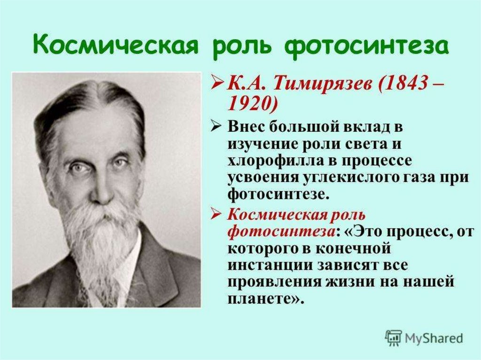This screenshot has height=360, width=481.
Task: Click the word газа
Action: click(x=411, y=179)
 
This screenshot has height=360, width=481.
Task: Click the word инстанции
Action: click(x=270, y=265)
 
